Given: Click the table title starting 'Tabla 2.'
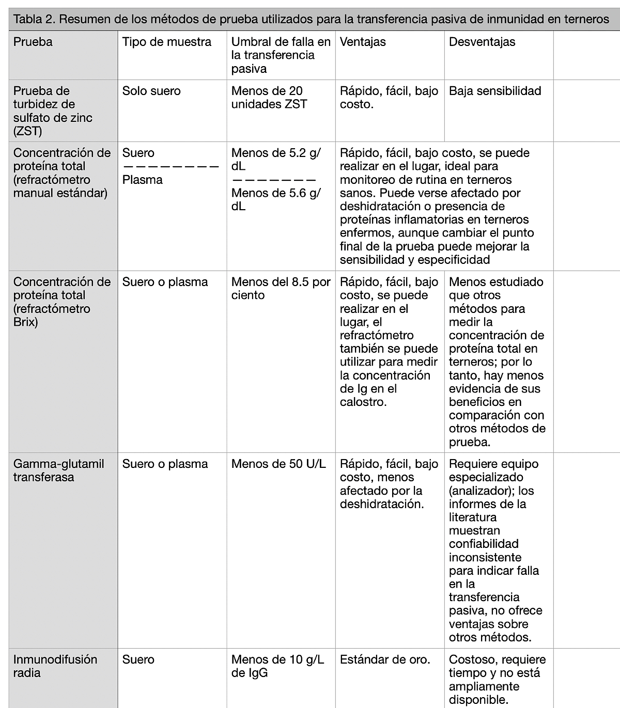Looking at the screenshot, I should [x=311, y=20].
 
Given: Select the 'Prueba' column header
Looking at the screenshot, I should [x=33, y=42].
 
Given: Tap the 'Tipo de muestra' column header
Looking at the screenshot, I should [x=166, y=42].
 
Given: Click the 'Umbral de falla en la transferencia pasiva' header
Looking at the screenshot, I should [x=281, y=55].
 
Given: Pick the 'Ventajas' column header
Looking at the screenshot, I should [x=363, y=42].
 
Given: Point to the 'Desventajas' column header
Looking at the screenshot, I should [x=482, y=42].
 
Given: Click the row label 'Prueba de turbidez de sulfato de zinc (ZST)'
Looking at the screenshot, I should [x=53, y=111].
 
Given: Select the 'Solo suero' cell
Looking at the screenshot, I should [x=151, y=91].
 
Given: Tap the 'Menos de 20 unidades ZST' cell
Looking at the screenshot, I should [x=269, y=98].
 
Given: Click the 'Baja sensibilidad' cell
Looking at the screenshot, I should [x=495, y=91].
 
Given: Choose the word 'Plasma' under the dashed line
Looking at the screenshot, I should [x=142, y=180].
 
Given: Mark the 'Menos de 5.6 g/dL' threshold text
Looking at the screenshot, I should [x=276, y=199].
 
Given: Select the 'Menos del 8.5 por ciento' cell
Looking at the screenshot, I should [x=281, y=288].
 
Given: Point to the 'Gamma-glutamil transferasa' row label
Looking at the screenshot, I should [x=58, y=470].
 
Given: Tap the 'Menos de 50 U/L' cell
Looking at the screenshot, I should [x=278, y=464].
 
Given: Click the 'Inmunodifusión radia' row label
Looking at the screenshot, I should [x=55, y=666].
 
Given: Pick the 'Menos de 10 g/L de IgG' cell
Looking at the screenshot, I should [x=277, y=666].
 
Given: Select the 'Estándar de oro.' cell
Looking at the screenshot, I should [x=385, y=659].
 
